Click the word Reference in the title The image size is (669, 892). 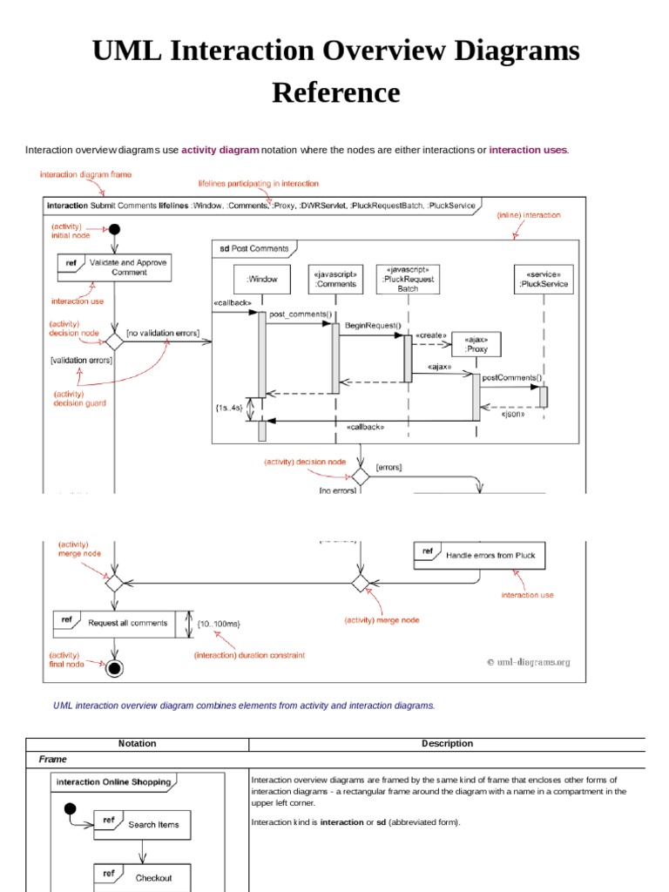tap(335, 92)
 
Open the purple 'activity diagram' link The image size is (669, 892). tap(220, 150)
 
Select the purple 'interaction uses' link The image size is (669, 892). tap(528, 150)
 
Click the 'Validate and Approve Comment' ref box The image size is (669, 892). tap(114, 267)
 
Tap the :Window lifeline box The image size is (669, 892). tap(262, 280)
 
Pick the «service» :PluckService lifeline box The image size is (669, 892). tap(544, 279)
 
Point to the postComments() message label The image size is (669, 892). tap(511, 378)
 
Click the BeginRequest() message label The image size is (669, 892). tap(373, 325)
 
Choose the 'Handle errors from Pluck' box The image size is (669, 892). tap(480, 555)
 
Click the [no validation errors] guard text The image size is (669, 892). tap(163, 333)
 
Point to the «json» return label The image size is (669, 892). tap(511, 415)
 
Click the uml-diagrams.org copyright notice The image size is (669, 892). tap(528, 662)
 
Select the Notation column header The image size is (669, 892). tap(137, 743)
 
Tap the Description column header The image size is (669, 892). tap(447, 743)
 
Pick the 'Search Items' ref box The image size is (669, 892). tap(142, 824)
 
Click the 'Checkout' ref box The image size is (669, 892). tap(142, 877)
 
